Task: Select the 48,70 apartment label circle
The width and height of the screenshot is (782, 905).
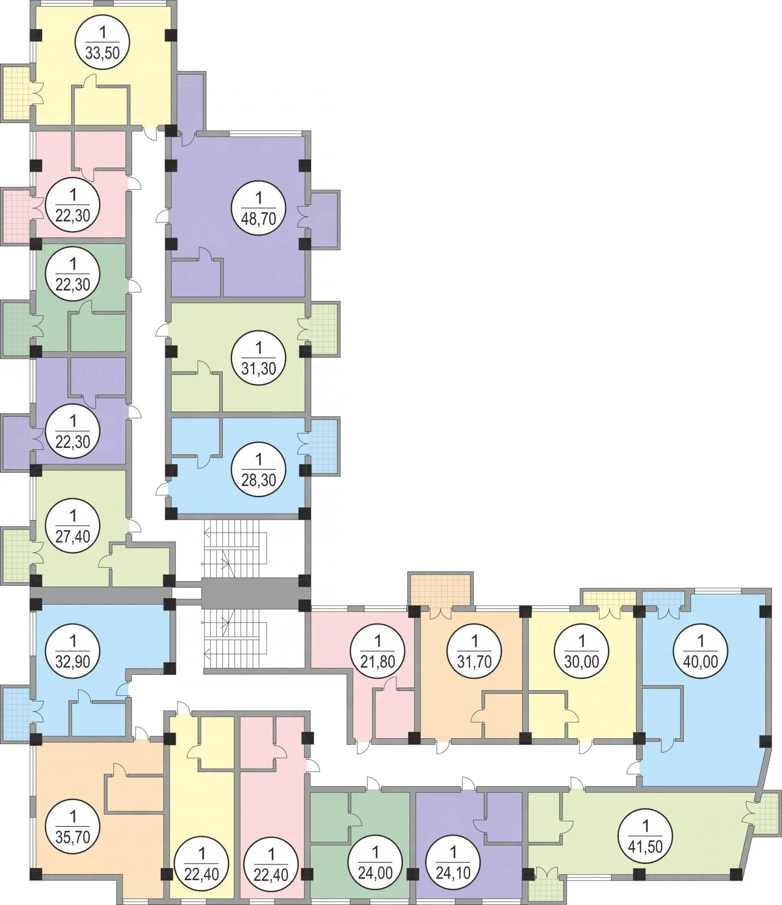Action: point(259,208)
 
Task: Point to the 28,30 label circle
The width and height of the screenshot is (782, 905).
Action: point(259,469)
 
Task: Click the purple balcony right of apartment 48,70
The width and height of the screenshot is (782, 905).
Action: point(325,220)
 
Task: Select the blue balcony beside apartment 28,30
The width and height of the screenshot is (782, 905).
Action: point(325,446)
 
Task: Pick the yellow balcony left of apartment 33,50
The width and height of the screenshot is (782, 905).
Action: point(16,92)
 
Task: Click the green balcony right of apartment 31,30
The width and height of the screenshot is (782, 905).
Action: point(325,329)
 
